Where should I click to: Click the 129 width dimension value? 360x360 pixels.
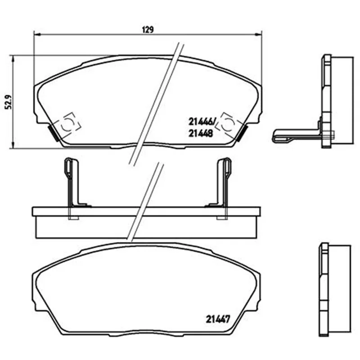click(x=148, y=30)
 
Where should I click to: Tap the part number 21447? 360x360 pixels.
click(x=218, y=319)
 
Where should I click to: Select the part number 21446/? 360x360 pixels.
click(x=201, y=121)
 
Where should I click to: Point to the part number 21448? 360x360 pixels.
click(x=201, y=133)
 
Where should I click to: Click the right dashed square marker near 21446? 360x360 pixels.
click(x=228, y=125)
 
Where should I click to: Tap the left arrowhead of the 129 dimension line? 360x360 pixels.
click(x=37, y=35)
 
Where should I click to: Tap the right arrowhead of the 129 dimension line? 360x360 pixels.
click(x=258, y=35)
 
